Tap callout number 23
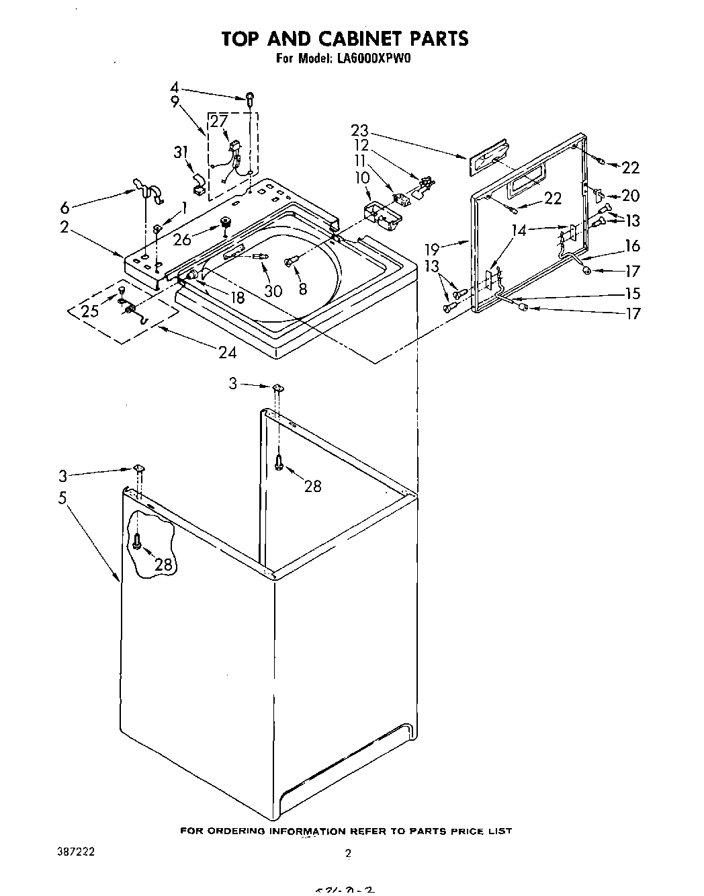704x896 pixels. [x=360, y=131]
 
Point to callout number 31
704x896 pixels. [x=180, y=153]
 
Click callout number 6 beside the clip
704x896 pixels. [x=64, y=208]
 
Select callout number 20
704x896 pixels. [x=631, y=196]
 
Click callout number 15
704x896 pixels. [x=632, y=294]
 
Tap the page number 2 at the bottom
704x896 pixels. [x=348, y=854]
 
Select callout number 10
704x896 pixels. [x=363, y=177]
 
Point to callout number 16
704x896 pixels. [x=632, y=246]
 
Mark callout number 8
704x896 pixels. [x=303, y=289]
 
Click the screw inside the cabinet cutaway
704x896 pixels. [x=137, y=541]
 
